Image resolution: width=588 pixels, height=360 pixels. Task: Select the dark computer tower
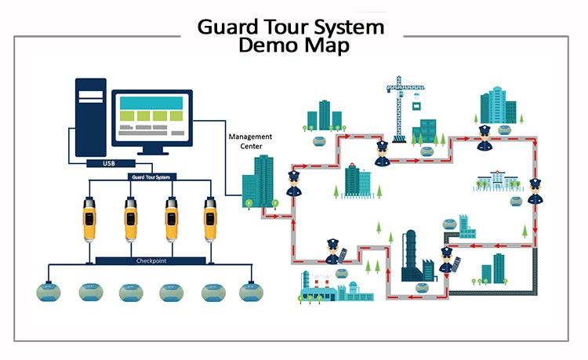pos(90,118)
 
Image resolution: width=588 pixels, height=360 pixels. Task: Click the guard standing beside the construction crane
pos(382,154)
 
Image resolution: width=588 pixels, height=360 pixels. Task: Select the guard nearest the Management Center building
pos(293,184)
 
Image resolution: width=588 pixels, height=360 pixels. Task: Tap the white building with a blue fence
pos(495,182)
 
